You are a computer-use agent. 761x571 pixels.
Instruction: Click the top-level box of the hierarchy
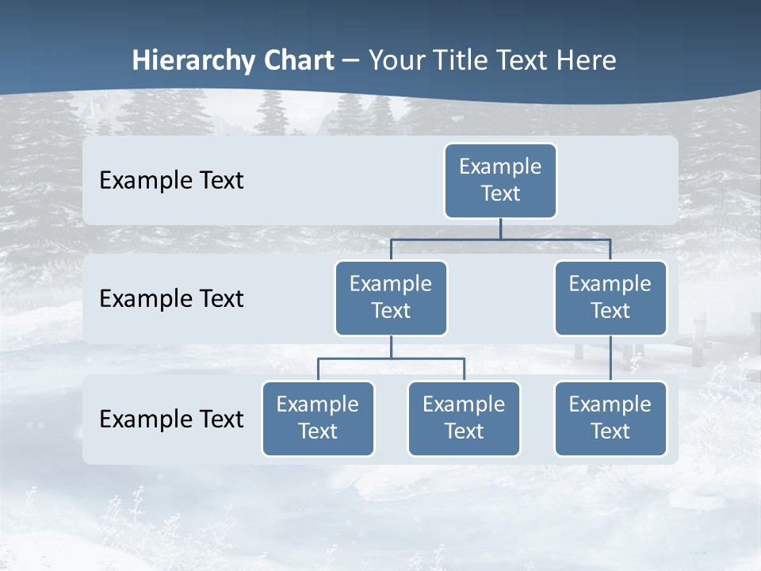click(500, 181)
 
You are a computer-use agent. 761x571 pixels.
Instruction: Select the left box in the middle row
click(391, 298)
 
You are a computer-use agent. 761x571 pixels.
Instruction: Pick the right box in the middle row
click(610, 298)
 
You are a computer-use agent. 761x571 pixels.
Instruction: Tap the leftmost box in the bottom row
click(318, 419)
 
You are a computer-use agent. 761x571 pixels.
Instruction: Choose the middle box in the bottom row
click(464, 419)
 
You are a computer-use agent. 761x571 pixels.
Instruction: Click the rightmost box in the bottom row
click(610, 419)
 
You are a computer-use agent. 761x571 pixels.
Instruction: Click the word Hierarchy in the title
click(193, 60)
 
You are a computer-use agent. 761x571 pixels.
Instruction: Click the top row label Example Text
click(171, 181)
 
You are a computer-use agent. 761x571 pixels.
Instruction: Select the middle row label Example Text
click(171, 299)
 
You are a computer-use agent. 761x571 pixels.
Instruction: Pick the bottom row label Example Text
click(171, 420)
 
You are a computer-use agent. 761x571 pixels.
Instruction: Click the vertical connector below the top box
click(500, 228)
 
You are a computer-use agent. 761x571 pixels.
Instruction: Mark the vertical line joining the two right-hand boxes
click(610, 358)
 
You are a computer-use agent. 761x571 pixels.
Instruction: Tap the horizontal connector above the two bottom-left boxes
click(391, 358)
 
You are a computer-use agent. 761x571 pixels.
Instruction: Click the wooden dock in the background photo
click(698, 333)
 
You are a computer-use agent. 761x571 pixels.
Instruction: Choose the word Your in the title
click(396, 60)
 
